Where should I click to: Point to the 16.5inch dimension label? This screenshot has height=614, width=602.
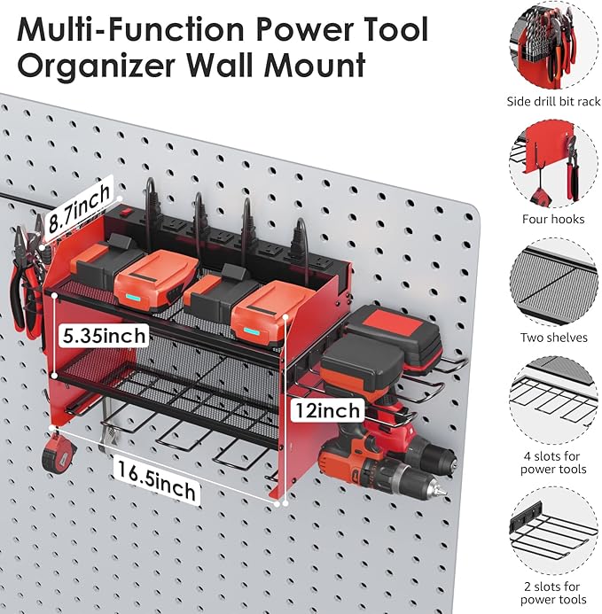click(x=157, y=473)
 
